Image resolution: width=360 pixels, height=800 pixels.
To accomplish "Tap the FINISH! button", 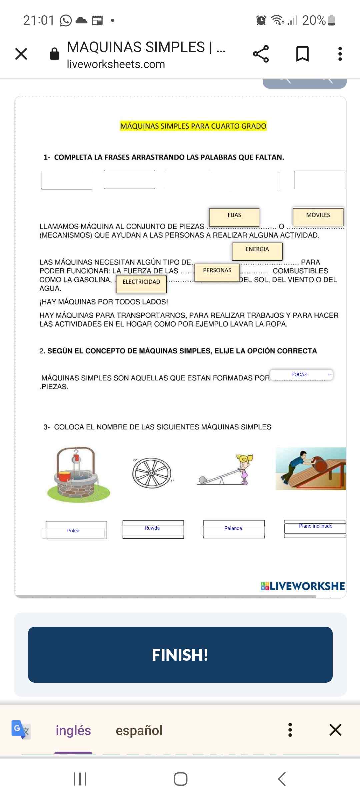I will point(180,655).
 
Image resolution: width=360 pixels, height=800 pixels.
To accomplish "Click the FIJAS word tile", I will point(234,217).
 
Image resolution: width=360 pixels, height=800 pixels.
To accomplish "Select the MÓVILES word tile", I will point(318,217).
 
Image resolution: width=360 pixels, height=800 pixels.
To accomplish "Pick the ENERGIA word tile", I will point(257,251).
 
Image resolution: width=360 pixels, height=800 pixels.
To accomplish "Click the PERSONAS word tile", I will point(217,272).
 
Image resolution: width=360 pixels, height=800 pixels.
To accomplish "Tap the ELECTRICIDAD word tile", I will point(141,284).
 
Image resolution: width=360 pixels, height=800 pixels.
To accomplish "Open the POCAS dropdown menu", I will point(301,375).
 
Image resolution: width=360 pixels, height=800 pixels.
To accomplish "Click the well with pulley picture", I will point(78,474).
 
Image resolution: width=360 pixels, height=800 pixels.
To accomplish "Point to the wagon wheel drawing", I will point(152,473).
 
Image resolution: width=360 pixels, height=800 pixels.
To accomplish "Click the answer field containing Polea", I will point(76,530).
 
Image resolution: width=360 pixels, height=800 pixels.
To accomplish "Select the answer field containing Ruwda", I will point(153,529).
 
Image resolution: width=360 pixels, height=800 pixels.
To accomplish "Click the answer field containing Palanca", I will point(234,529).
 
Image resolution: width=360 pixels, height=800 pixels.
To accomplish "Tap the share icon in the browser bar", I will point(261,54).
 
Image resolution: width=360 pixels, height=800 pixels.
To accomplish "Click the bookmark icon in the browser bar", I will point(302,54).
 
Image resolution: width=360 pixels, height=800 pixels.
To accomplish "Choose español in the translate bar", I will point(139,730).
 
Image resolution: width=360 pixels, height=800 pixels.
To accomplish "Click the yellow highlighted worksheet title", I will point(193,126).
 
